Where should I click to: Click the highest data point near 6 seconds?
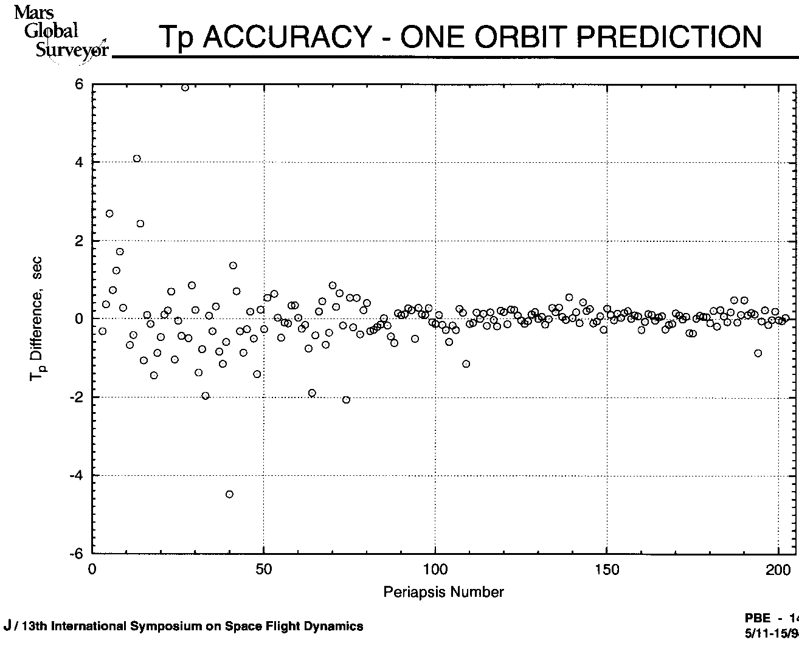pos(185,88)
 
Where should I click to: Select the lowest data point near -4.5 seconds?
pos(229,494)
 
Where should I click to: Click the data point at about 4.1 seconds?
pos(137,159)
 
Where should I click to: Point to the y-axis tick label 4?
pos(78,163)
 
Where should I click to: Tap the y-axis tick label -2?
pos(76,397)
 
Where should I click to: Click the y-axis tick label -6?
pos(76,554)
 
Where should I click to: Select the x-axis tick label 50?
pos(264,569)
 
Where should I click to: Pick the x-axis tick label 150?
pos(607,569)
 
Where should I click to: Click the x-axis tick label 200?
pos(778,569)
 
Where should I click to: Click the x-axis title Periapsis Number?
pos(443,592)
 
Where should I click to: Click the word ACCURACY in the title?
pos(285,37)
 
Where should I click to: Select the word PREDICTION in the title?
pos(668,37)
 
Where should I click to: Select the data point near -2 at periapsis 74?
pos(346,399)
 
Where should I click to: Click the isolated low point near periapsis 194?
pos(758,353)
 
